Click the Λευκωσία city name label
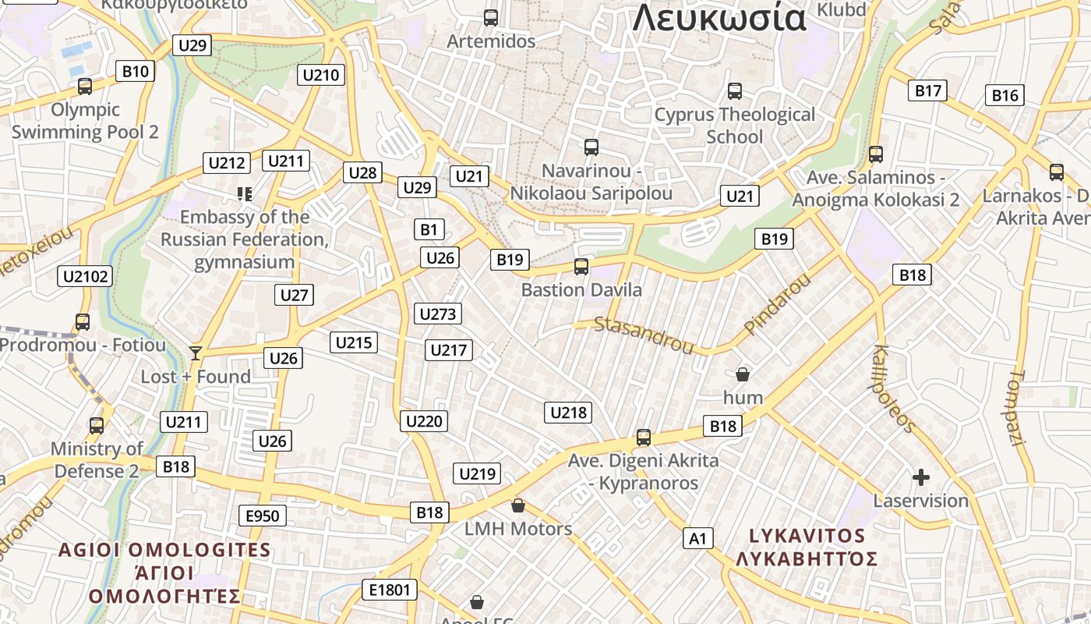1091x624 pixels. (719, 17)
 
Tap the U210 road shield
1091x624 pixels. (321, 75)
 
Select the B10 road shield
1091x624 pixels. (136, 71)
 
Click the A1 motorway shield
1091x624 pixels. (697, 537)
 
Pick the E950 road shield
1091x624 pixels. (262, 516)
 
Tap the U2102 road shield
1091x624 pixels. (86, 275)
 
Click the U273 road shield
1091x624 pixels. (437, 314)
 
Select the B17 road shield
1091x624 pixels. (927, 90)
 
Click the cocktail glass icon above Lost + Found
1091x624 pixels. (195, 353)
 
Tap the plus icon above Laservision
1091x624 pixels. (921, 477)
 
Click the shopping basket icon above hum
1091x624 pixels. (743, 374)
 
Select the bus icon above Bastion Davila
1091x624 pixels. (581, 267)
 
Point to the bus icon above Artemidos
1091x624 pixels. (491, 17)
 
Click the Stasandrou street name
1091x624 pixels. (643, 335)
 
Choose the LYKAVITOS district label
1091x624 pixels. (807, 536)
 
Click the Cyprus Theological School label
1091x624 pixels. (734, 126)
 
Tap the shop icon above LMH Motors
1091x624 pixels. (517, 505)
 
